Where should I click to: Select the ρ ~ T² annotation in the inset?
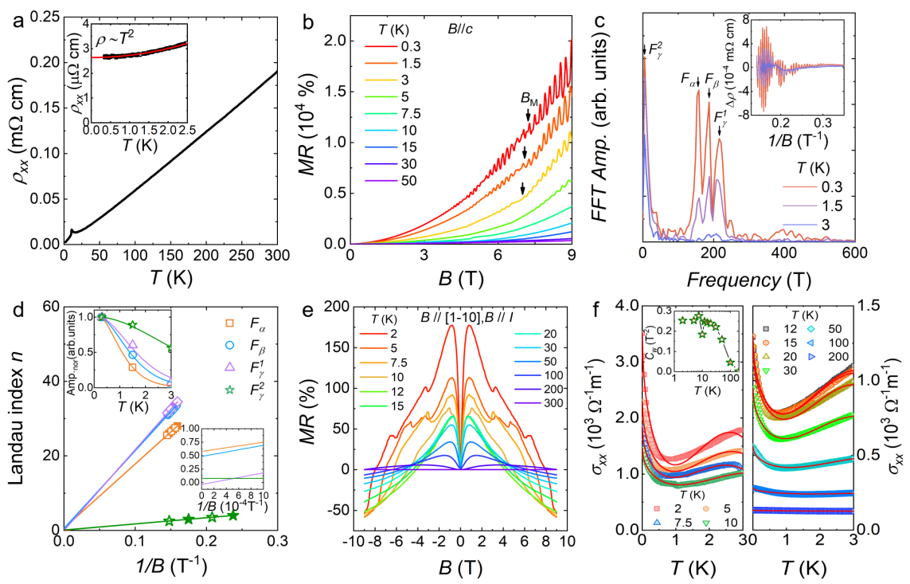128,37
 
